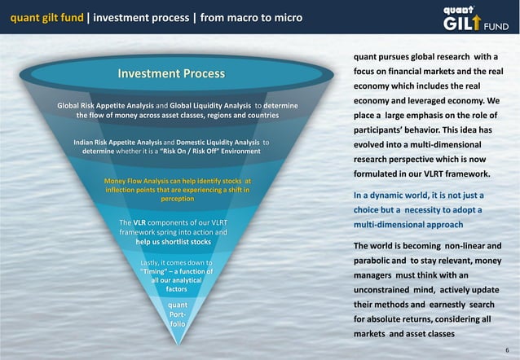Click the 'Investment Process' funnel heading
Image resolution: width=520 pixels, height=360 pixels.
171,74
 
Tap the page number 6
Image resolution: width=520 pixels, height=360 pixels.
506,348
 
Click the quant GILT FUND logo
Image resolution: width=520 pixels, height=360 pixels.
477,18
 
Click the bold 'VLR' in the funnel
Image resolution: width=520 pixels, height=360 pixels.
139,222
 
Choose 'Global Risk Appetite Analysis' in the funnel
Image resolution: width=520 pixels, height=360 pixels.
104,107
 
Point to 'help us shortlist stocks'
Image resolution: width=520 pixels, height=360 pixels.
173,242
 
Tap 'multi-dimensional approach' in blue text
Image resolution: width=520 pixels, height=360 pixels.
408,224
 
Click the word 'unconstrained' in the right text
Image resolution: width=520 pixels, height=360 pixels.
390,289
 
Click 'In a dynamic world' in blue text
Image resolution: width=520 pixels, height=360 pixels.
393,195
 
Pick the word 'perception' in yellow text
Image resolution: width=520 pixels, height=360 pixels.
178,198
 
